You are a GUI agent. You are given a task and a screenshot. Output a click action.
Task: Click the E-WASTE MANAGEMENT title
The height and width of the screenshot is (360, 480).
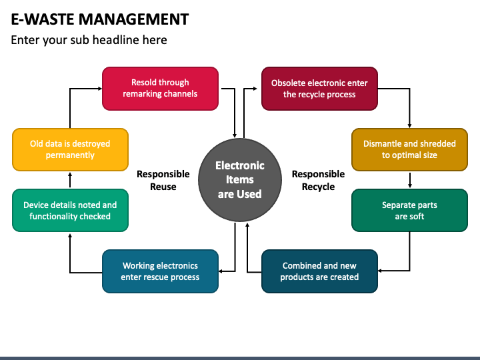tap(100, 19)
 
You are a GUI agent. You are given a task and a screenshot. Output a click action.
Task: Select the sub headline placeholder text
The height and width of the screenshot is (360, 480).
tap(89, 40)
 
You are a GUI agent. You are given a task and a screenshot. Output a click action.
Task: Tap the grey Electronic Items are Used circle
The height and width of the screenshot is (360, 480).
tap(240, 180)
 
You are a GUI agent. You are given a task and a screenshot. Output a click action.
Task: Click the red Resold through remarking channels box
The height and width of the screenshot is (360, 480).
tap(160, 89)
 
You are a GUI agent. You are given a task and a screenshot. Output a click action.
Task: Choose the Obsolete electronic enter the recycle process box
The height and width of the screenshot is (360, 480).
tap(319, 89)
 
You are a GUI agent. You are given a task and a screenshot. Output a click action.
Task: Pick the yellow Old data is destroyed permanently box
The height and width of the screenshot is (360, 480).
tap(70, 150)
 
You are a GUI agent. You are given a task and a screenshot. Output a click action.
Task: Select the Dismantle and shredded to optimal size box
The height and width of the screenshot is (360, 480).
tap(409, 150)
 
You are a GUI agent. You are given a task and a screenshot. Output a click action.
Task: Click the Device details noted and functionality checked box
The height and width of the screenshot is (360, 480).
tap(70, 210)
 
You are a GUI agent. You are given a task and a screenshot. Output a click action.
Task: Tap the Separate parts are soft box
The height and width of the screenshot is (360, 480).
tap(409, 210)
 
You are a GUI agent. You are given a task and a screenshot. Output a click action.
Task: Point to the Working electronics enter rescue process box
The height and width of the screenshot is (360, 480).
tap(160, 271)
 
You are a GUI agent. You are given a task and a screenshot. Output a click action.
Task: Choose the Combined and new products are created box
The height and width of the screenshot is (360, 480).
tap(319, 271)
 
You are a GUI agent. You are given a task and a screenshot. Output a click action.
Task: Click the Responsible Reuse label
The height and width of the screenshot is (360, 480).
tap(163, 180)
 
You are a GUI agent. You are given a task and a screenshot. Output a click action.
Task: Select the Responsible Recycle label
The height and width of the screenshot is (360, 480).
tap(319, 180)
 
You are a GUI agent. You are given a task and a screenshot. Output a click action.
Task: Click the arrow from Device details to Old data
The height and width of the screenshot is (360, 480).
tap(70, 180)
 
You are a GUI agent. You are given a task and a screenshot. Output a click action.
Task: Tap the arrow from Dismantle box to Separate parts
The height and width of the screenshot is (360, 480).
tap(410, 180)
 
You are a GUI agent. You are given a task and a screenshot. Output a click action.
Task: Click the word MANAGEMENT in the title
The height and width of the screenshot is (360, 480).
tap(133, 19)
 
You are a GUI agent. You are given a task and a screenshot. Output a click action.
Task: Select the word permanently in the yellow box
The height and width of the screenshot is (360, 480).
tap(70, 155)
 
